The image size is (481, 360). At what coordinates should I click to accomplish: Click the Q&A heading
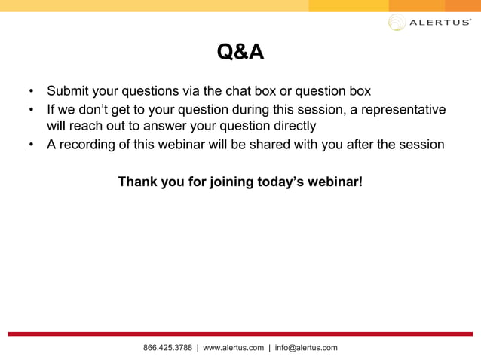click(x=240, y=53)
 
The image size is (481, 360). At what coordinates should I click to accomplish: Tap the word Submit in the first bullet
click(x=69, y=91)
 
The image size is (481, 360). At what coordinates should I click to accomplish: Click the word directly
click(x=290, y=126)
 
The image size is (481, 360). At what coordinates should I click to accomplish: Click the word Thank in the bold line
click(x=137, y=182)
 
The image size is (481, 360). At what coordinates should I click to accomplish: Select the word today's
click(x=283, y=182)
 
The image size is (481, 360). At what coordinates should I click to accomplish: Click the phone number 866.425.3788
click(x=167, y=348)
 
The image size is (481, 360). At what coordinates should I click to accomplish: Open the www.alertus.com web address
click(x=234, y=348)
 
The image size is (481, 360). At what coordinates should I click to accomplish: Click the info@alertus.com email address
click(x=306, y=348)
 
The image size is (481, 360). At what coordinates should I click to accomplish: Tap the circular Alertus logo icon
click(x=397, y=22)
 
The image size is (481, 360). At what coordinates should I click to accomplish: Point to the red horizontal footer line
click(x=240, y=334)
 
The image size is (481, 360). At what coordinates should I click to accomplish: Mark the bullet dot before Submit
click(x=31, y=92)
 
